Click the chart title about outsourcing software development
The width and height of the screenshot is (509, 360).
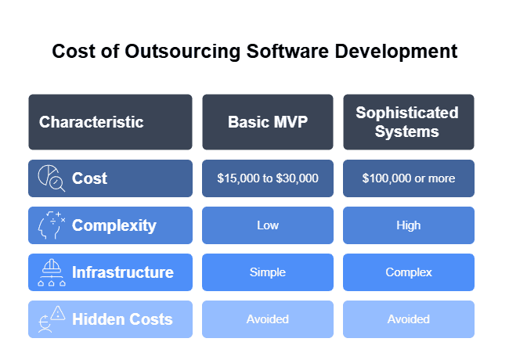(254, 52)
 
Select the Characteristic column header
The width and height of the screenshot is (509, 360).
(92, 122)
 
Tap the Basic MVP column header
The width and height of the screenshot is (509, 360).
(267, 122)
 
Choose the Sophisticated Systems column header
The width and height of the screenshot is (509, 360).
(407, 122)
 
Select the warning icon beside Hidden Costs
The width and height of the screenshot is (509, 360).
(52, 319)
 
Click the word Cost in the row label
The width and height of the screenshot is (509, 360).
(89, 178)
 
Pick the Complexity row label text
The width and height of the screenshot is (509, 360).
(114, 225)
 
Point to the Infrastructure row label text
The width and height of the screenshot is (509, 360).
(122, 272)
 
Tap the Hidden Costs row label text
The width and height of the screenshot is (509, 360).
(121, 319)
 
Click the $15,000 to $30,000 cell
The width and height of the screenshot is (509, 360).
(267, 178)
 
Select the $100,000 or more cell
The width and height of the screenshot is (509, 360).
(408, 178)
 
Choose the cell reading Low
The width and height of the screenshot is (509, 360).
(267, 225)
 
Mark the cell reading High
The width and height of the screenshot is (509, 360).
(408, 225)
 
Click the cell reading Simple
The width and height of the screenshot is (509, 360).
(267, 272)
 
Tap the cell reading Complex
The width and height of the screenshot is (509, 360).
(408, 272)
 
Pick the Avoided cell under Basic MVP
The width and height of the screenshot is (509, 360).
(267, 319)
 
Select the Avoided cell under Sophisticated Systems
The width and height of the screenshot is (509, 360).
(408, 319)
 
